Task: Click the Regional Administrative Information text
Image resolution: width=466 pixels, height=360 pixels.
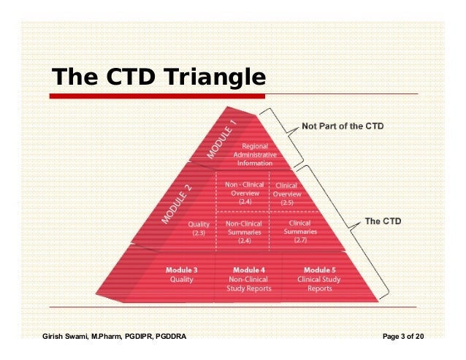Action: [x=255, y=155]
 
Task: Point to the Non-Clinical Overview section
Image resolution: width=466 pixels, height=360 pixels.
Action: [x=242, y=193]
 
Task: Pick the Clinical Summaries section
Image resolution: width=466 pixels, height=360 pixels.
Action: [x=299, y=228]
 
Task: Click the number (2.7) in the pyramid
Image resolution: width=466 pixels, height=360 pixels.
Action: [x=299, y=240]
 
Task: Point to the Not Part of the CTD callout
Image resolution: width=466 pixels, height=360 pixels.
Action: [x=343, y=126]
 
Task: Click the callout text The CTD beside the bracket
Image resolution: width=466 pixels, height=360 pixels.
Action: [x=382, y=221]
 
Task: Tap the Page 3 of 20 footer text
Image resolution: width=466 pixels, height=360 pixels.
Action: [x=403, y=337]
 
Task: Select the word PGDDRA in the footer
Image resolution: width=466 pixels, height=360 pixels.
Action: [x=169, y=337]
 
